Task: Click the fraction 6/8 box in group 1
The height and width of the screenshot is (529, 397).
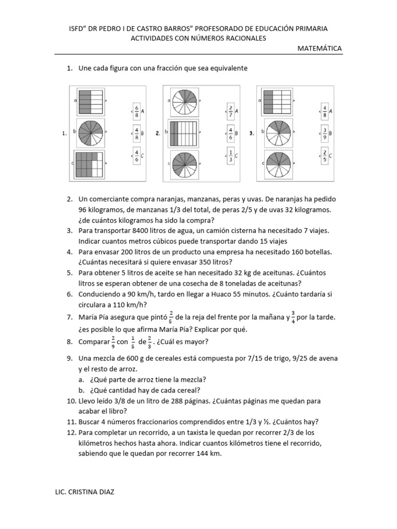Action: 136,110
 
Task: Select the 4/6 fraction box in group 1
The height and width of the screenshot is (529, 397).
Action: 136,154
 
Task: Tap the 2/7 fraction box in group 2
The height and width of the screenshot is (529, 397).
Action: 231,110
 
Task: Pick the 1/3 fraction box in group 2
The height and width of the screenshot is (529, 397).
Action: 231,154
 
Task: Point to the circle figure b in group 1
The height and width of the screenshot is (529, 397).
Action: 90,132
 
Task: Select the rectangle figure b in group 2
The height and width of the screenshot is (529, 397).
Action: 185,132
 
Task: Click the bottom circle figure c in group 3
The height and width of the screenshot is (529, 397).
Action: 279,164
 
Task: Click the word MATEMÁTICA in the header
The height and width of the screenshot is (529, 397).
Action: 319,49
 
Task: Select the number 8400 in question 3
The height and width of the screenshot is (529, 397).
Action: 142,231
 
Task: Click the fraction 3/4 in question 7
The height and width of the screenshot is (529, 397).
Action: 293,316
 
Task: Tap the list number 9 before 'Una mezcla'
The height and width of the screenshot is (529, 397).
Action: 69,358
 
